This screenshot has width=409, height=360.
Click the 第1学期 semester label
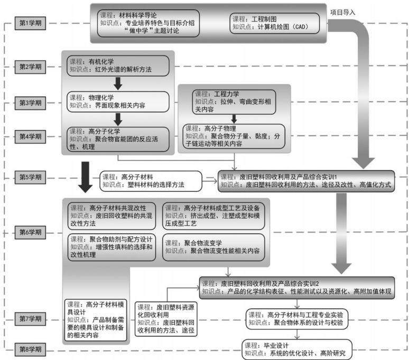point(30,23)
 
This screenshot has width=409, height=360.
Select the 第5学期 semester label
point(30,178)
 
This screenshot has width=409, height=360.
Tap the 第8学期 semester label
point(30,349)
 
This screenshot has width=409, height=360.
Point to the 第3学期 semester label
point(30,103)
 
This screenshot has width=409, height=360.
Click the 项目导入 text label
point(343,12)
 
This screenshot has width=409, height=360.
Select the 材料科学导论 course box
point(148,23)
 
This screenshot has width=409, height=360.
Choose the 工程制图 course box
point(274,23)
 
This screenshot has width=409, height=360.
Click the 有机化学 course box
point(118,66)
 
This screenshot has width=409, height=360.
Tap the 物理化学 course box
point(118,101)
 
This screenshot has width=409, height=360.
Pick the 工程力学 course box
point(234,102)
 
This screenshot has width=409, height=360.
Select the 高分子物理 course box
point(234,136)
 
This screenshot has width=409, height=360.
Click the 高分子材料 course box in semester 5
point(151,181)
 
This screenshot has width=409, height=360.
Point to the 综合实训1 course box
point(306,181)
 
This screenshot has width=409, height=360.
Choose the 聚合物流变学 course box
point(213,247)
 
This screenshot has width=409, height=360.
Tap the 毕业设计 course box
point(297,349)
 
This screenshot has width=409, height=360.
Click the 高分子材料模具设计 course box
point(96,320)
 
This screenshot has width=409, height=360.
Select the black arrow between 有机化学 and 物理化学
point(118,84)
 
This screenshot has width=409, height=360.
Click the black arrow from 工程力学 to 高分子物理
point(234,119)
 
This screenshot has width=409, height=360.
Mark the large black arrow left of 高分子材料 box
point(85,177)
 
